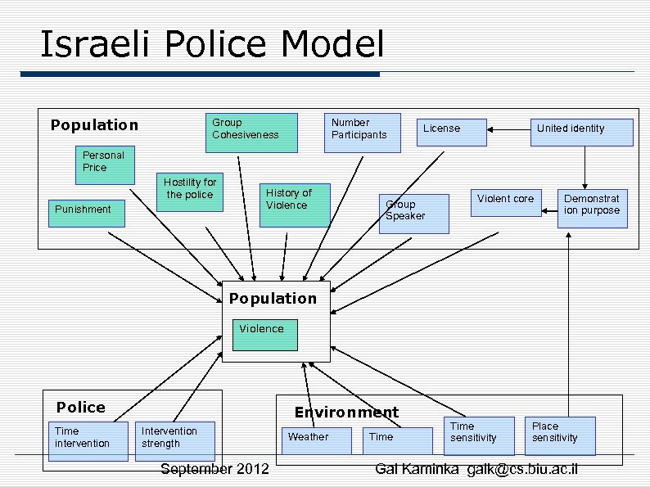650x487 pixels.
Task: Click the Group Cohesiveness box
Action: [x=251, y=133]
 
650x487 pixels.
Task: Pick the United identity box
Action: [x=582, y=132]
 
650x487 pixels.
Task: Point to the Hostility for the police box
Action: [x=190, y=193]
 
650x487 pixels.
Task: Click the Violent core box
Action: [x=506, y=202]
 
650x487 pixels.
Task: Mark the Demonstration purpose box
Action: [x=592, y=209]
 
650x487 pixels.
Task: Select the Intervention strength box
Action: [x=174, y=440]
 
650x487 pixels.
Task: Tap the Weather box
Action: [x=316, y=440]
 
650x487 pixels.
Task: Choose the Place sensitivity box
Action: [x=560, y=435]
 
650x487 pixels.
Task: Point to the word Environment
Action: [x=346, y=413]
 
